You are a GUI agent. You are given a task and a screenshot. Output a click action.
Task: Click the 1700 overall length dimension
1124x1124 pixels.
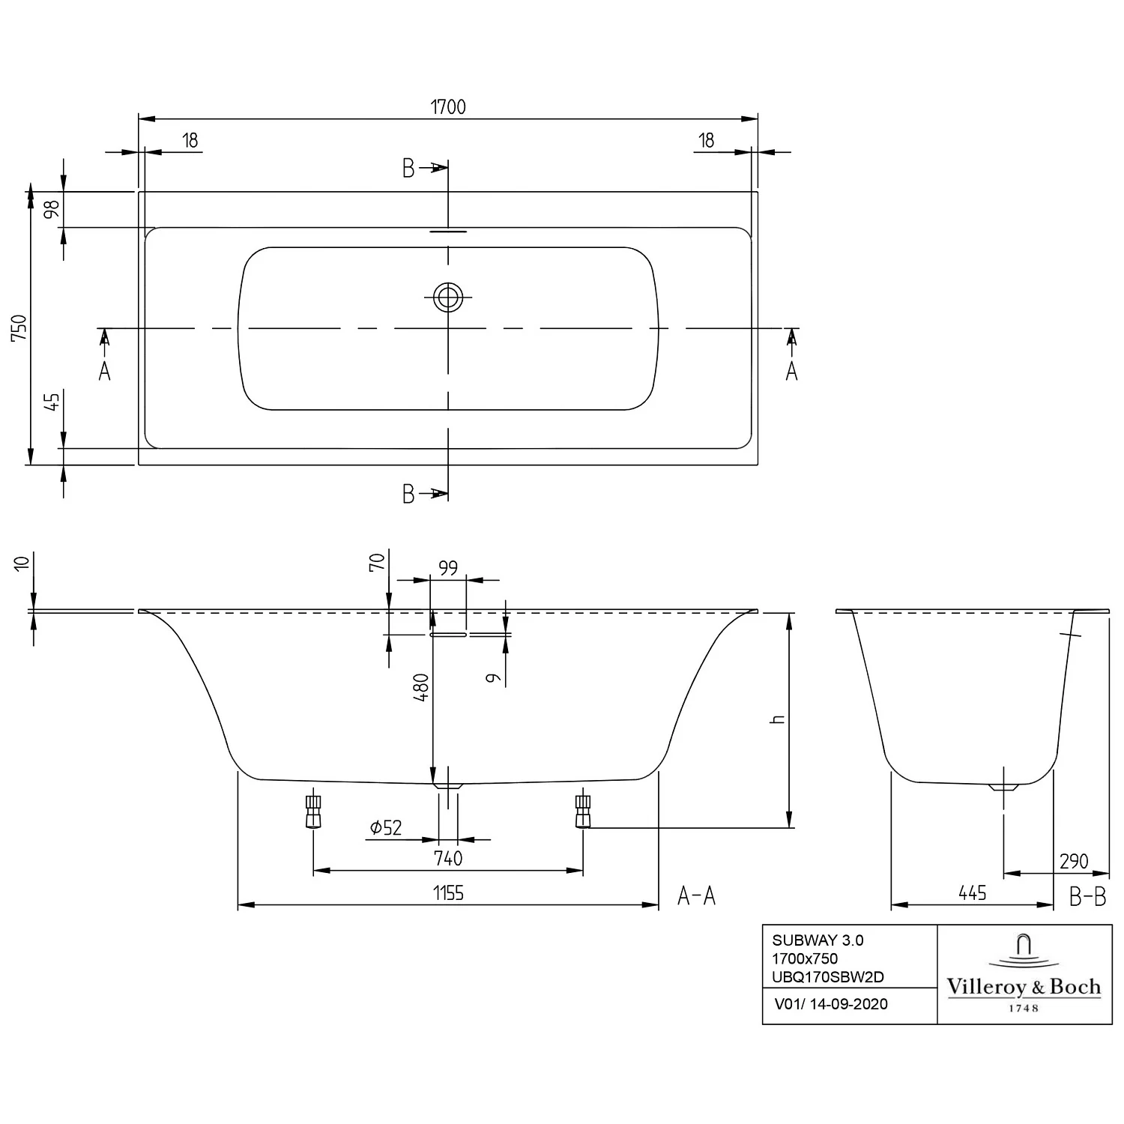[x=448, y=107]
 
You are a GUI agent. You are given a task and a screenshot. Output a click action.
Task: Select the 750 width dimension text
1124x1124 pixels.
[x=19, y=327]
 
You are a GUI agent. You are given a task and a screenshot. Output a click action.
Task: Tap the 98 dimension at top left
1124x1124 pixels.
[x=52, y=209]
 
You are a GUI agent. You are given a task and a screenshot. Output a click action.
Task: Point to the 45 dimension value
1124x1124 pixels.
[x=52, y=402]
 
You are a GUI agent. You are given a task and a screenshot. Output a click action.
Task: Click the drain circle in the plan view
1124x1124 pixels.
[x=448, y=297]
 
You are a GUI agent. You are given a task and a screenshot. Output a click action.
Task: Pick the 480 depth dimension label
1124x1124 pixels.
[x=421, y=687]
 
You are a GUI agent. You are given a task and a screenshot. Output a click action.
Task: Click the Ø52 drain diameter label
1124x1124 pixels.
[x=386, y=827]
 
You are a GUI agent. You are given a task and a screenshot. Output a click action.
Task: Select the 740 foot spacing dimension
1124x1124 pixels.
[x=448, y=858]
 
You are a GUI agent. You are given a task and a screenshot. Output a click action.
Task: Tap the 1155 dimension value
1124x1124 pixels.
[x=448, y=893]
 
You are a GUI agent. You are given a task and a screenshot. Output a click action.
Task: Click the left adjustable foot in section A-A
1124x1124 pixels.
[x=313, y=811]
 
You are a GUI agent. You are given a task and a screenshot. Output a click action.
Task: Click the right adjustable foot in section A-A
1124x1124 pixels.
[x=583, y=811]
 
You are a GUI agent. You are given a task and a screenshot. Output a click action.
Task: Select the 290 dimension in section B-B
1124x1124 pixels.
[x=1074, y=862]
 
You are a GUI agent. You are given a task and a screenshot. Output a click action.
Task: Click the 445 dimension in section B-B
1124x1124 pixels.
[x=972, y=893]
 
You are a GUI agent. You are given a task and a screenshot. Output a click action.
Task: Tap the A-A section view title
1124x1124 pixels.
[x=696, y=895]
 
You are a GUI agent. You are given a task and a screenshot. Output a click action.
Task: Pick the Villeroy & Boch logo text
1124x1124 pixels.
[x=1024, y=987]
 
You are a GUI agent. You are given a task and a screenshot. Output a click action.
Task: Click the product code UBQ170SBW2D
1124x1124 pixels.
[x=828, y=976]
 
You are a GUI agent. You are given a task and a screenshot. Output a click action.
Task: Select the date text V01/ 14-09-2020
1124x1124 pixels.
[x=830, y=1004]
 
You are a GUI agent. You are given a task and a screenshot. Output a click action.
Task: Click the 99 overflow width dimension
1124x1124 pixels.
[x=448, y=569]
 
